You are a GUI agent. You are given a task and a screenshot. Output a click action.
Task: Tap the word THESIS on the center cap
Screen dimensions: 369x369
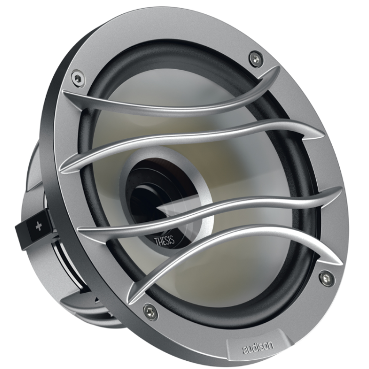(x=165, y=240)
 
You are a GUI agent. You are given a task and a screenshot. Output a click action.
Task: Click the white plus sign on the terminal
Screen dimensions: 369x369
(x=38, y=226)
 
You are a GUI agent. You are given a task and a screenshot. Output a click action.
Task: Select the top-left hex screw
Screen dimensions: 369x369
(x=77, y=78)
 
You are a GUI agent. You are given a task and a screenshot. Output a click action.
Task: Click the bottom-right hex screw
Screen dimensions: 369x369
(x=326, y=278)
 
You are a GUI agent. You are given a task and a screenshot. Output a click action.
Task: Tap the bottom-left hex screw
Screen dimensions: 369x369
(x=150, y=312)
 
